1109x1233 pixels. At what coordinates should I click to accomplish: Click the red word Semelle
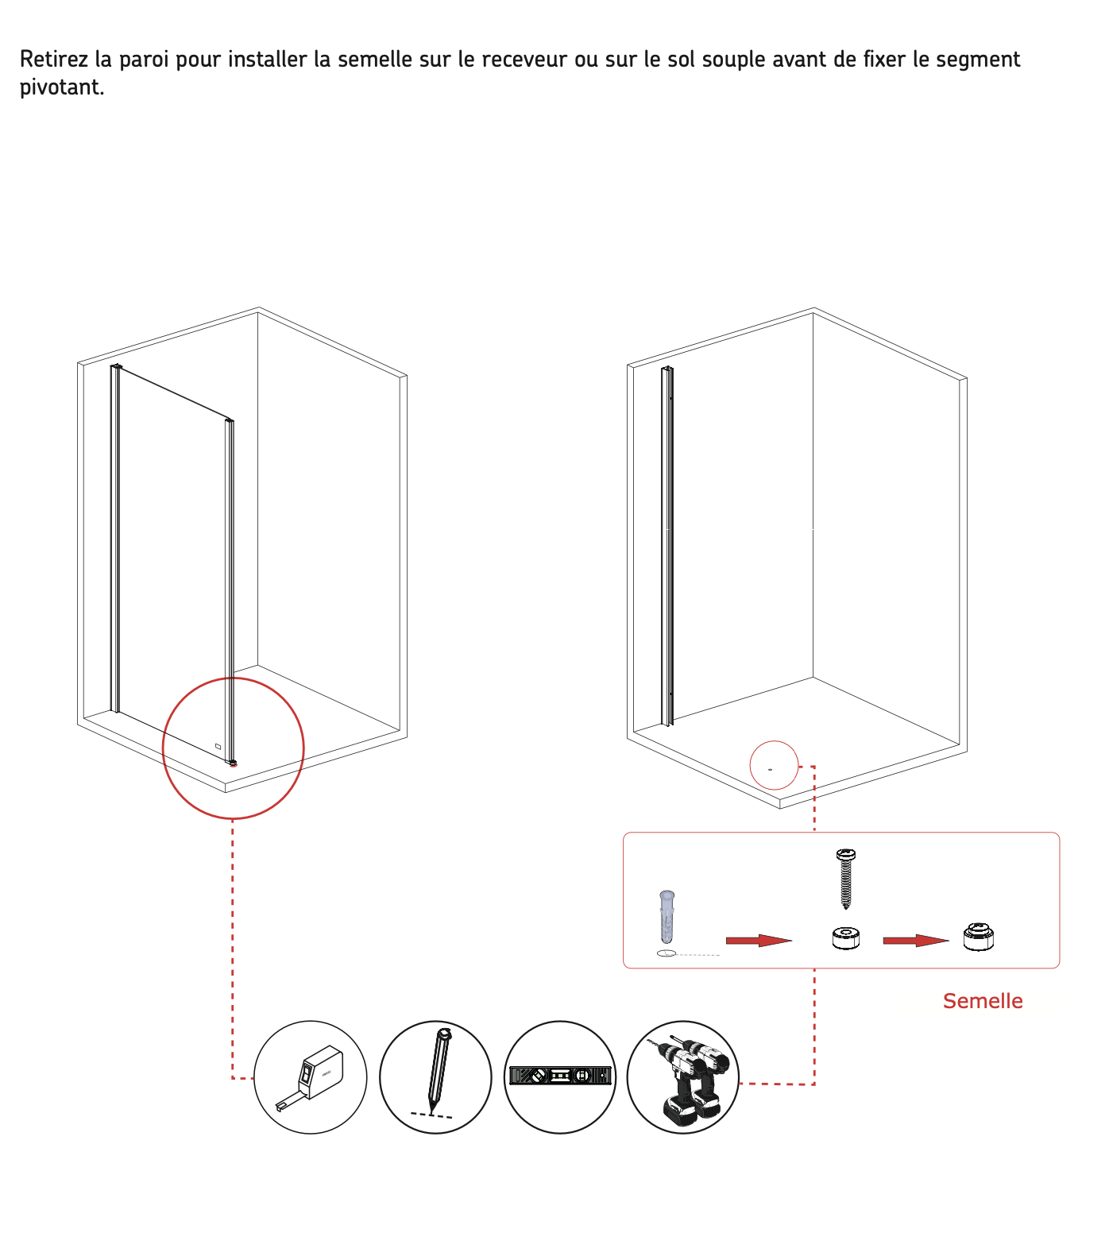(983, 1001)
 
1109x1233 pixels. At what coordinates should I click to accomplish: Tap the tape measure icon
(311, 1077)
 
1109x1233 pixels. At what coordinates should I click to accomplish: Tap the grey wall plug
(667, 916)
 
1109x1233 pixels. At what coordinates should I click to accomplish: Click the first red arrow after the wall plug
(759, 941)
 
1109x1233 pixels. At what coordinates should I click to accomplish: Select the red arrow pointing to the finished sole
(916, 941)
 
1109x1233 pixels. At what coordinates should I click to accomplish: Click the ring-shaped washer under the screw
(846, 938)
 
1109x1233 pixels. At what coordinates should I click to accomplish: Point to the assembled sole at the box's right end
(979, 937)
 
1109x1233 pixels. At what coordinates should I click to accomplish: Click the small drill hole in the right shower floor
(770, 769)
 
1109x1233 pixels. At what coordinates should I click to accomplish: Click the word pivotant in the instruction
(62, 87)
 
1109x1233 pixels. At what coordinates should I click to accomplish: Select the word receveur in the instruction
(524, 60)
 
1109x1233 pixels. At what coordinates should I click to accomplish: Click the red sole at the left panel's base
(233, 763)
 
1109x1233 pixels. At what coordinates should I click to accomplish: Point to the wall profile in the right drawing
(667, 546)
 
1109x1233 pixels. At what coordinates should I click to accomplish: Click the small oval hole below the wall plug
(667, 953)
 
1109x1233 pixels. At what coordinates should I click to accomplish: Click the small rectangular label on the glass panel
(218, 746)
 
